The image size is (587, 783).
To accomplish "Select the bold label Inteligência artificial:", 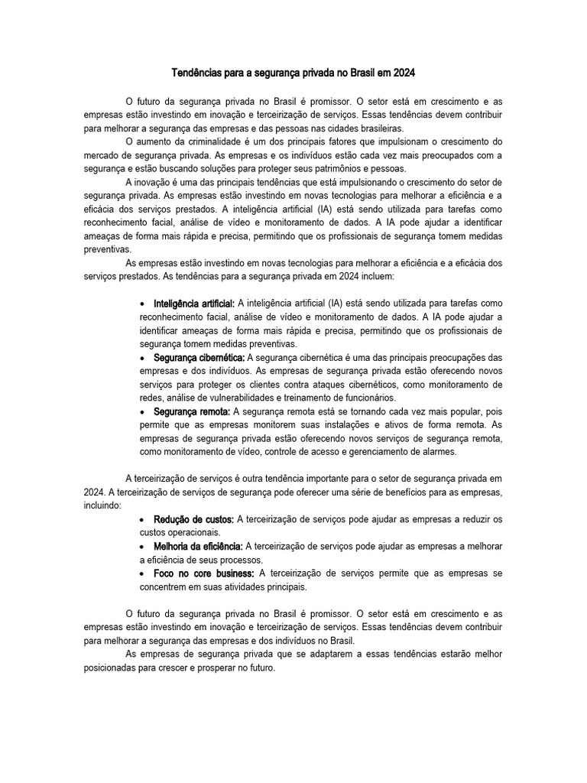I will [194, 304].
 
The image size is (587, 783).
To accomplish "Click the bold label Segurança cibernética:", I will [199, 357].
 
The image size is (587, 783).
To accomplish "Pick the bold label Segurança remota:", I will [192, 411].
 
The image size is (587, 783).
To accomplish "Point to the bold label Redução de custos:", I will [194, 520].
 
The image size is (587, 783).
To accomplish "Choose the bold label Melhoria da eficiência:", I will [198, 547].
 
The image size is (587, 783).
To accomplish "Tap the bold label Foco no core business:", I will [204, 573].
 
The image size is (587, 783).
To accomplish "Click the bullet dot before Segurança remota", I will [144, 412].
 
